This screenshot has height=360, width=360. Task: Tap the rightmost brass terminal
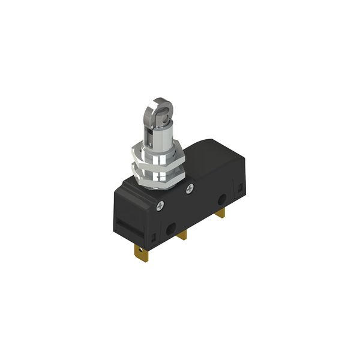click(221, 212)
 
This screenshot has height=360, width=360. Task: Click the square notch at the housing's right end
click(239, 187)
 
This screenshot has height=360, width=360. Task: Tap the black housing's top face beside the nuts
click(210, 156)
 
